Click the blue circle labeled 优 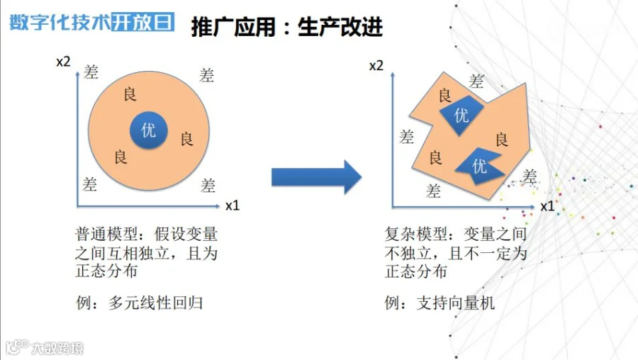148,131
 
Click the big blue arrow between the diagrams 316,176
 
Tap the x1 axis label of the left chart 233,206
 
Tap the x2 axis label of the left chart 63,62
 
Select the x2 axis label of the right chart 376,67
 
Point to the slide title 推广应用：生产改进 287,27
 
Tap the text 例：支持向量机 440,303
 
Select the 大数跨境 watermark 46,348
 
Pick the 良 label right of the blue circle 186,138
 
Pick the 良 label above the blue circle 130,94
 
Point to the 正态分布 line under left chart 106,271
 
